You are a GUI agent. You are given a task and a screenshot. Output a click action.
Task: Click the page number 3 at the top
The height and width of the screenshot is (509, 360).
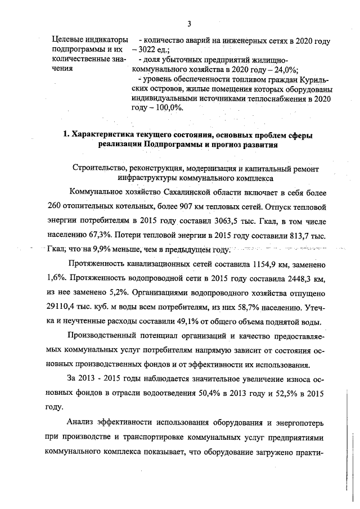tap(190, 23)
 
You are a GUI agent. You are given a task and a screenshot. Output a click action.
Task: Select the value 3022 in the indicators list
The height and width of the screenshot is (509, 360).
tap(149, 50)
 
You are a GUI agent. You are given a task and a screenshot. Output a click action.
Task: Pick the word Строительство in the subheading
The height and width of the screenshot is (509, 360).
tap(100, 166)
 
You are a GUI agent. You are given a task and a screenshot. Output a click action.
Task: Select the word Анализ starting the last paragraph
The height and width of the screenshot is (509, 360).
tap(82, 424)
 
